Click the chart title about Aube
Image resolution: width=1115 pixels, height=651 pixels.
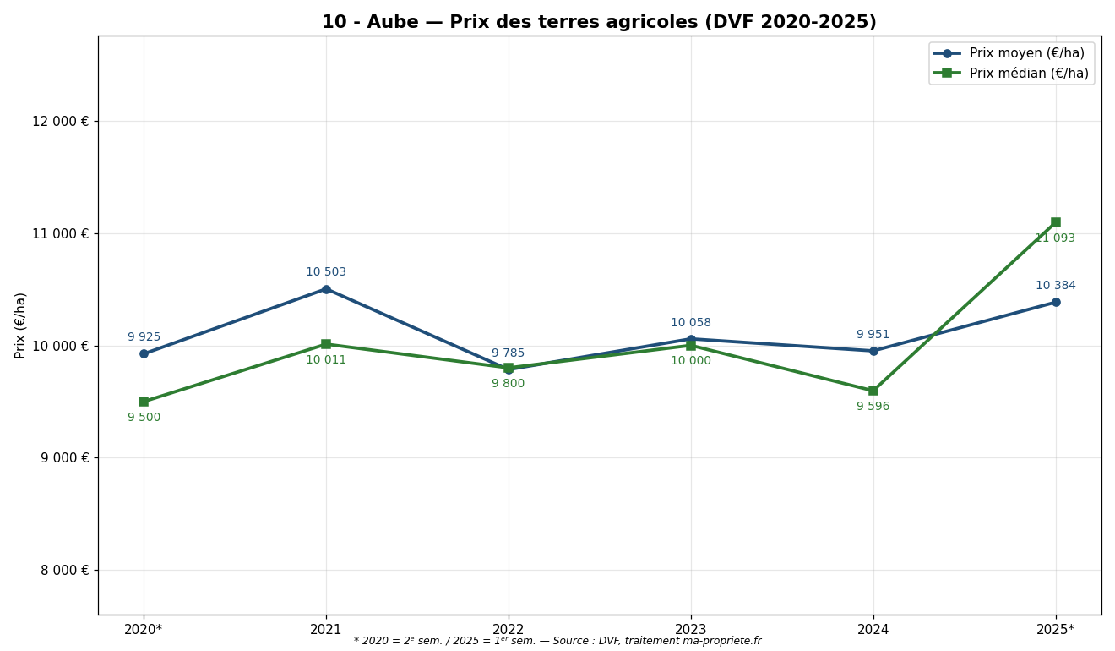pos(599,23)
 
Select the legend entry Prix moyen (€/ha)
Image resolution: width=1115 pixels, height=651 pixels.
pos(1026,53)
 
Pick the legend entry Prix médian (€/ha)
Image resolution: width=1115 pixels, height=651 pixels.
pos(1029,74)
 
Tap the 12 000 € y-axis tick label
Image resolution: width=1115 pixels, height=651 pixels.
pos(60,122)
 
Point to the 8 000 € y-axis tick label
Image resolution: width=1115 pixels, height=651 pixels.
pos(64,571)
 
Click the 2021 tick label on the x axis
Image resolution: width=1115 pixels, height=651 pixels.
pos(326,630)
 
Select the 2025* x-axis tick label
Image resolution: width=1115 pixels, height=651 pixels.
pos(1055,630)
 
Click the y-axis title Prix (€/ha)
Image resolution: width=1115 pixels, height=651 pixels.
pos(21,325)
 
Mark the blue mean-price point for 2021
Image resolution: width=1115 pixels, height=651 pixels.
pos(326,289)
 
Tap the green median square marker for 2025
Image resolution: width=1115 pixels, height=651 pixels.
pos(1056,222)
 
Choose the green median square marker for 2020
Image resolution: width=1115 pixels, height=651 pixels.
pos(144,402)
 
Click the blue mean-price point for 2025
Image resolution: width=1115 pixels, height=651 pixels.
pos(1056,302)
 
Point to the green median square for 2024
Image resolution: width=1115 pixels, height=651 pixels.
pos(873,391)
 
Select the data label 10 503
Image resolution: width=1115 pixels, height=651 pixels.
pos(326,272)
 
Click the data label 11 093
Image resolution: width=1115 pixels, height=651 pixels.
pos(1055,238)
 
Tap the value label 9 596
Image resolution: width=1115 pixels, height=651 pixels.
pos(873,407)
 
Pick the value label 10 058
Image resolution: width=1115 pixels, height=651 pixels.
pos(691,323)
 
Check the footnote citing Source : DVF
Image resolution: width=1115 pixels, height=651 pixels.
pos(557,642)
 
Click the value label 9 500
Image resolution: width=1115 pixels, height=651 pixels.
pos(144,418)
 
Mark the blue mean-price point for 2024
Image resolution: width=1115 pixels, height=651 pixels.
pos(873,351)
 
